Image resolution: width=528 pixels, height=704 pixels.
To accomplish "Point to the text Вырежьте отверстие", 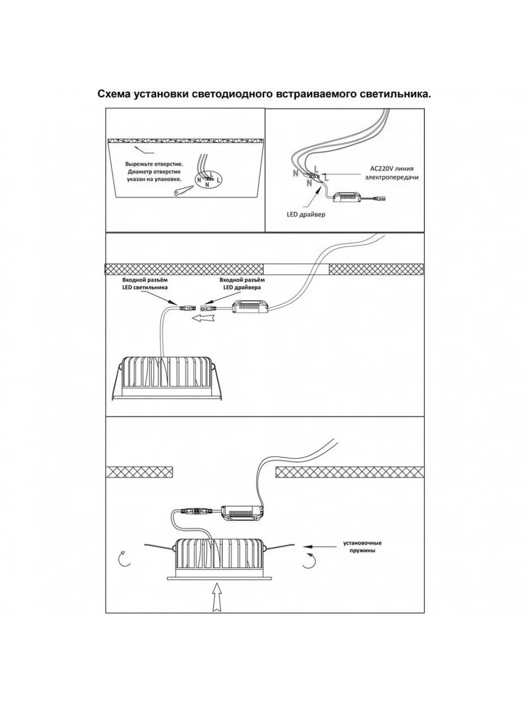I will click(154, 164).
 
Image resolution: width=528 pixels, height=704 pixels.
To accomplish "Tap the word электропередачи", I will click(392, 177).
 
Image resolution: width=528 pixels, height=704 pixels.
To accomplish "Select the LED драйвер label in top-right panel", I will click(306, 215).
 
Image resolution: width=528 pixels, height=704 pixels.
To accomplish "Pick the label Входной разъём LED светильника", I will click(145, 285).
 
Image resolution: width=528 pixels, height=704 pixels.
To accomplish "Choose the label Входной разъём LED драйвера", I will click(241, 285).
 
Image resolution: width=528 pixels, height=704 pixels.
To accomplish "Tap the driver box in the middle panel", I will click(251, 306).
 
